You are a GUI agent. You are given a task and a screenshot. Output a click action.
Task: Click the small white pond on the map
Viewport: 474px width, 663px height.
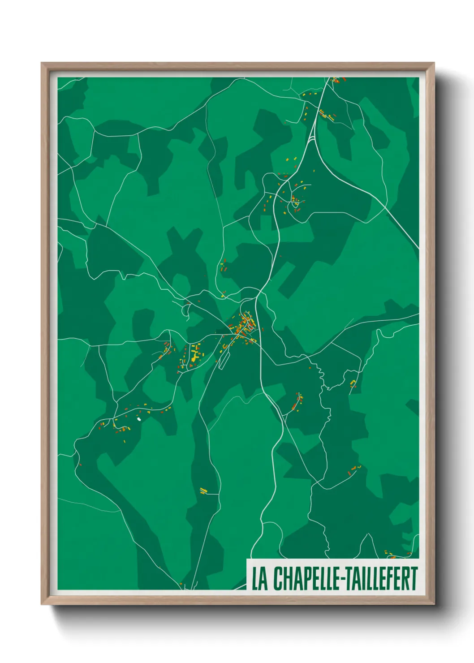pos(139,419)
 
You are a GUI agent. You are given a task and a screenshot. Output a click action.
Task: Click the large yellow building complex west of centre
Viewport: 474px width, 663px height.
pos(194,355)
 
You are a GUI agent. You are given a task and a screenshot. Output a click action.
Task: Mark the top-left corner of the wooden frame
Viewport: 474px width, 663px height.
pos(42,64)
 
